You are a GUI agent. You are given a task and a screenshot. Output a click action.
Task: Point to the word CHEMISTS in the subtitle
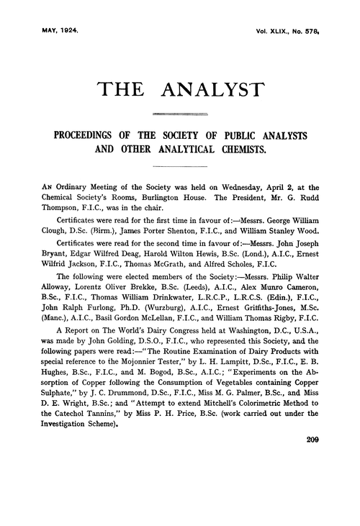click(x=235, y=151)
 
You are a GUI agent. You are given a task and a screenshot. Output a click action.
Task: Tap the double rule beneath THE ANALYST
click(x=181, y=113)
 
